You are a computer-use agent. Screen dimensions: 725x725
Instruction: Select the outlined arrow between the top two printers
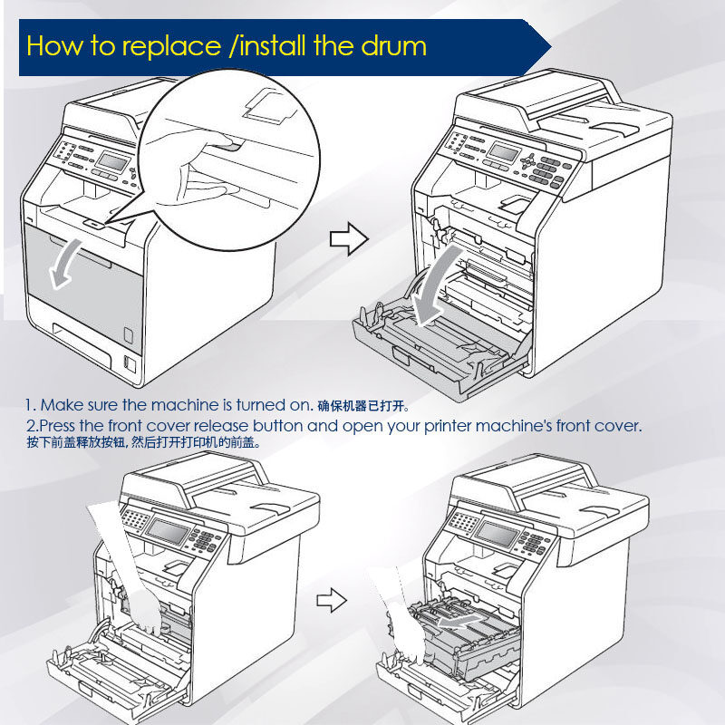click(348, 239)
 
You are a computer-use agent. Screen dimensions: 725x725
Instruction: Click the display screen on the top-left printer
click(112, 160)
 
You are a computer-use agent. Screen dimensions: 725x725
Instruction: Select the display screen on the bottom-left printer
click(173, 528)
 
